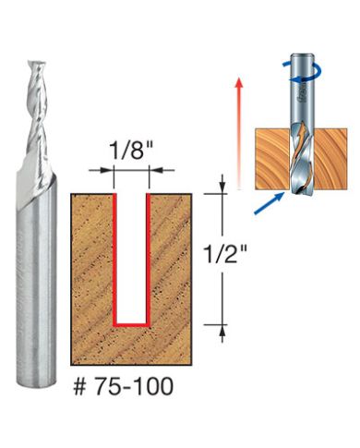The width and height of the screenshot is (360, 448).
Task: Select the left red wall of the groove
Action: click(115, 259)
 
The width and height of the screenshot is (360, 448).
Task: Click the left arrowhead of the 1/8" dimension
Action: click(110, 171)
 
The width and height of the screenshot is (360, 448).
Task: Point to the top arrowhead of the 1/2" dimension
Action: click(222, 187)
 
